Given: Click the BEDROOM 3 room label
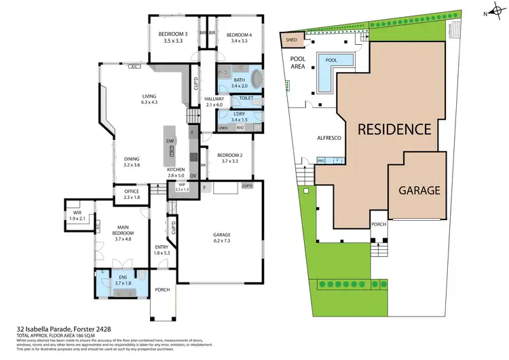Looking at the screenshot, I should point(172,35).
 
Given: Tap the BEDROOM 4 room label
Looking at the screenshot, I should point(239,35).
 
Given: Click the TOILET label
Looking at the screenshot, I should point(246,98).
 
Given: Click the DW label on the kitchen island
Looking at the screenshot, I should point(170,141).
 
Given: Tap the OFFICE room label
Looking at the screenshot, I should point(132,192).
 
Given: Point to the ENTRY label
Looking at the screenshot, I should point(162,247).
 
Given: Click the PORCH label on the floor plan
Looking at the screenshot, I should point(162,290).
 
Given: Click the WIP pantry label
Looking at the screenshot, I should point(181,184).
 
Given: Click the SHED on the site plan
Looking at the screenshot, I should point(293,39).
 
